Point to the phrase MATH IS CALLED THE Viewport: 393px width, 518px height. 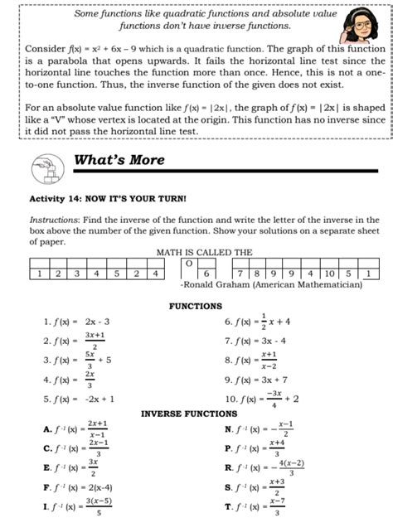(197, 252)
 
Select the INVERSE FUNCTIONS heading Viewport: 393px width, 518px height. (189, 413)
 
